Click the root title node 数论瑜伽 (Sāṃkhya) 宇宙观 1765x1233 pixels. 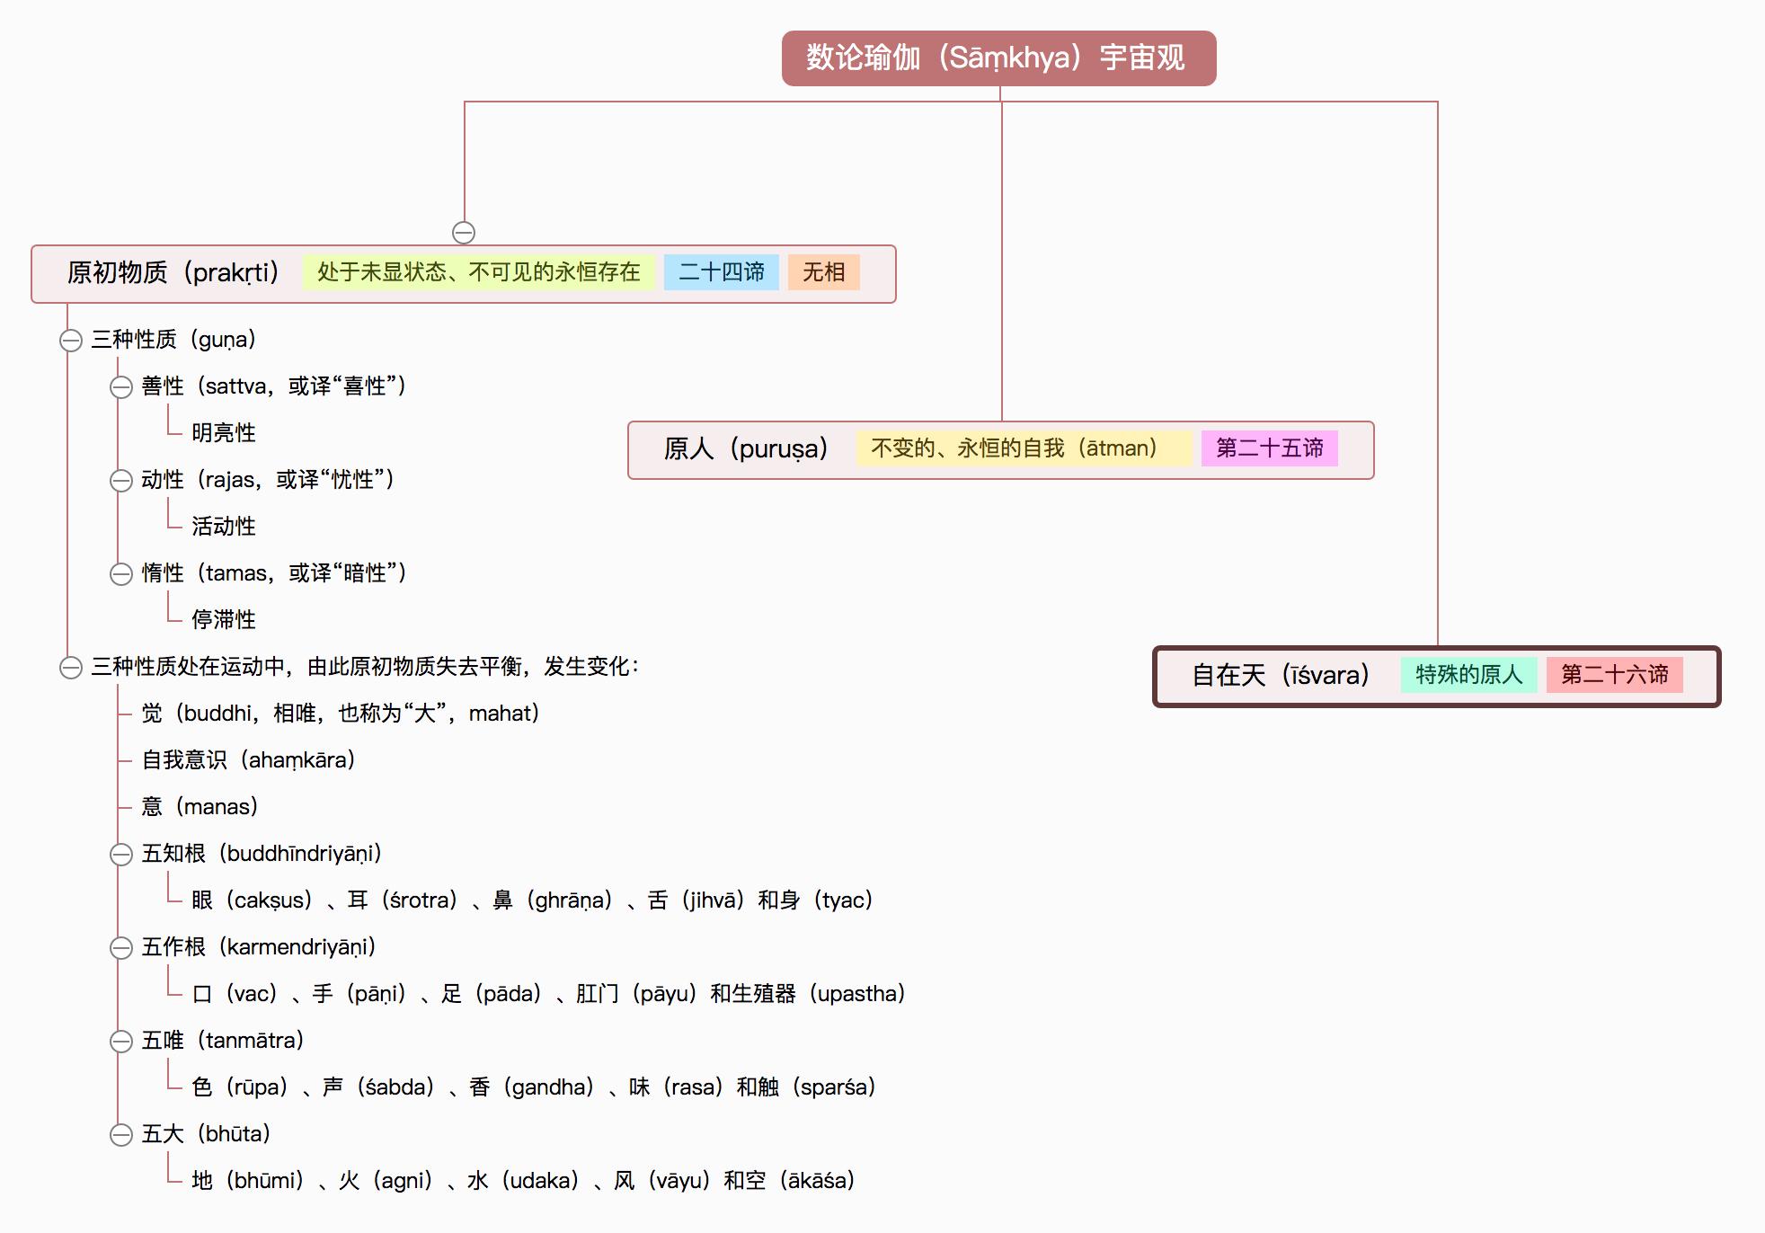click(998, 58)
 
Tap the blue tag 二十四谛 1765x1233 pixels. click(721, 272)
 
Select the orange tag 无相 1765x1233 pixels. click(823, 272)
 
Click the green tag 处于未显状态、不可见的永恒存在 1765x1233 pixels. click(478, 272)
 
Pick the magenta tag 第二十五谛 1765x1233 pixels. click(1269, 448)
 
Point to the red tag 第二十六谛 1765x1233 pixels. click(1614, 675)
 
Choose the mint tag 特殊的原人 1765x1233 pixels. click(1468, 675)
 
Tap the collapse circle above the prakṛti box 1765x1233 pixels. click(464, 233)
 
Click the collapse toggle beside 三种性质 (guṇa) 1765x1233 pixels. click(71, 341)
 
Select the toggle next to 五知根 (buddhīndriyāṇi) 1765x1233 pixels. click(121, 855)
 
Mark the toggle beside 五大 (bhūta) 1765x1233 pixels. click(121, 1135)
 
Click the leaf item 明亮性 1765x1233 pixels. click(224, 433)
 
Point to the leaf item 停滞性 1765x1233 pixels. click(224, 620)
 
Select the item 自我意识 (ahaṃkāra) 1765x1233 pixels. click(248, 760)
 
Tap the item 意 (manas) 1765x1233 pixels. click(200, 807)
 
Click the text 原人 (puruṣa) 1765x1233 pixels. click(745, 448)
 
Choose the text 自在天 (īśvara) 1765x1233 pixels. click(1280, 675)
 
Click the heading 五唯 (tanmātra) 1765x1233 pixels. click(222, 1041)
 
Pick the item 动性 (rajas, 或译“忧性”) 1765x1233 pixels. click(267, 480)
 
